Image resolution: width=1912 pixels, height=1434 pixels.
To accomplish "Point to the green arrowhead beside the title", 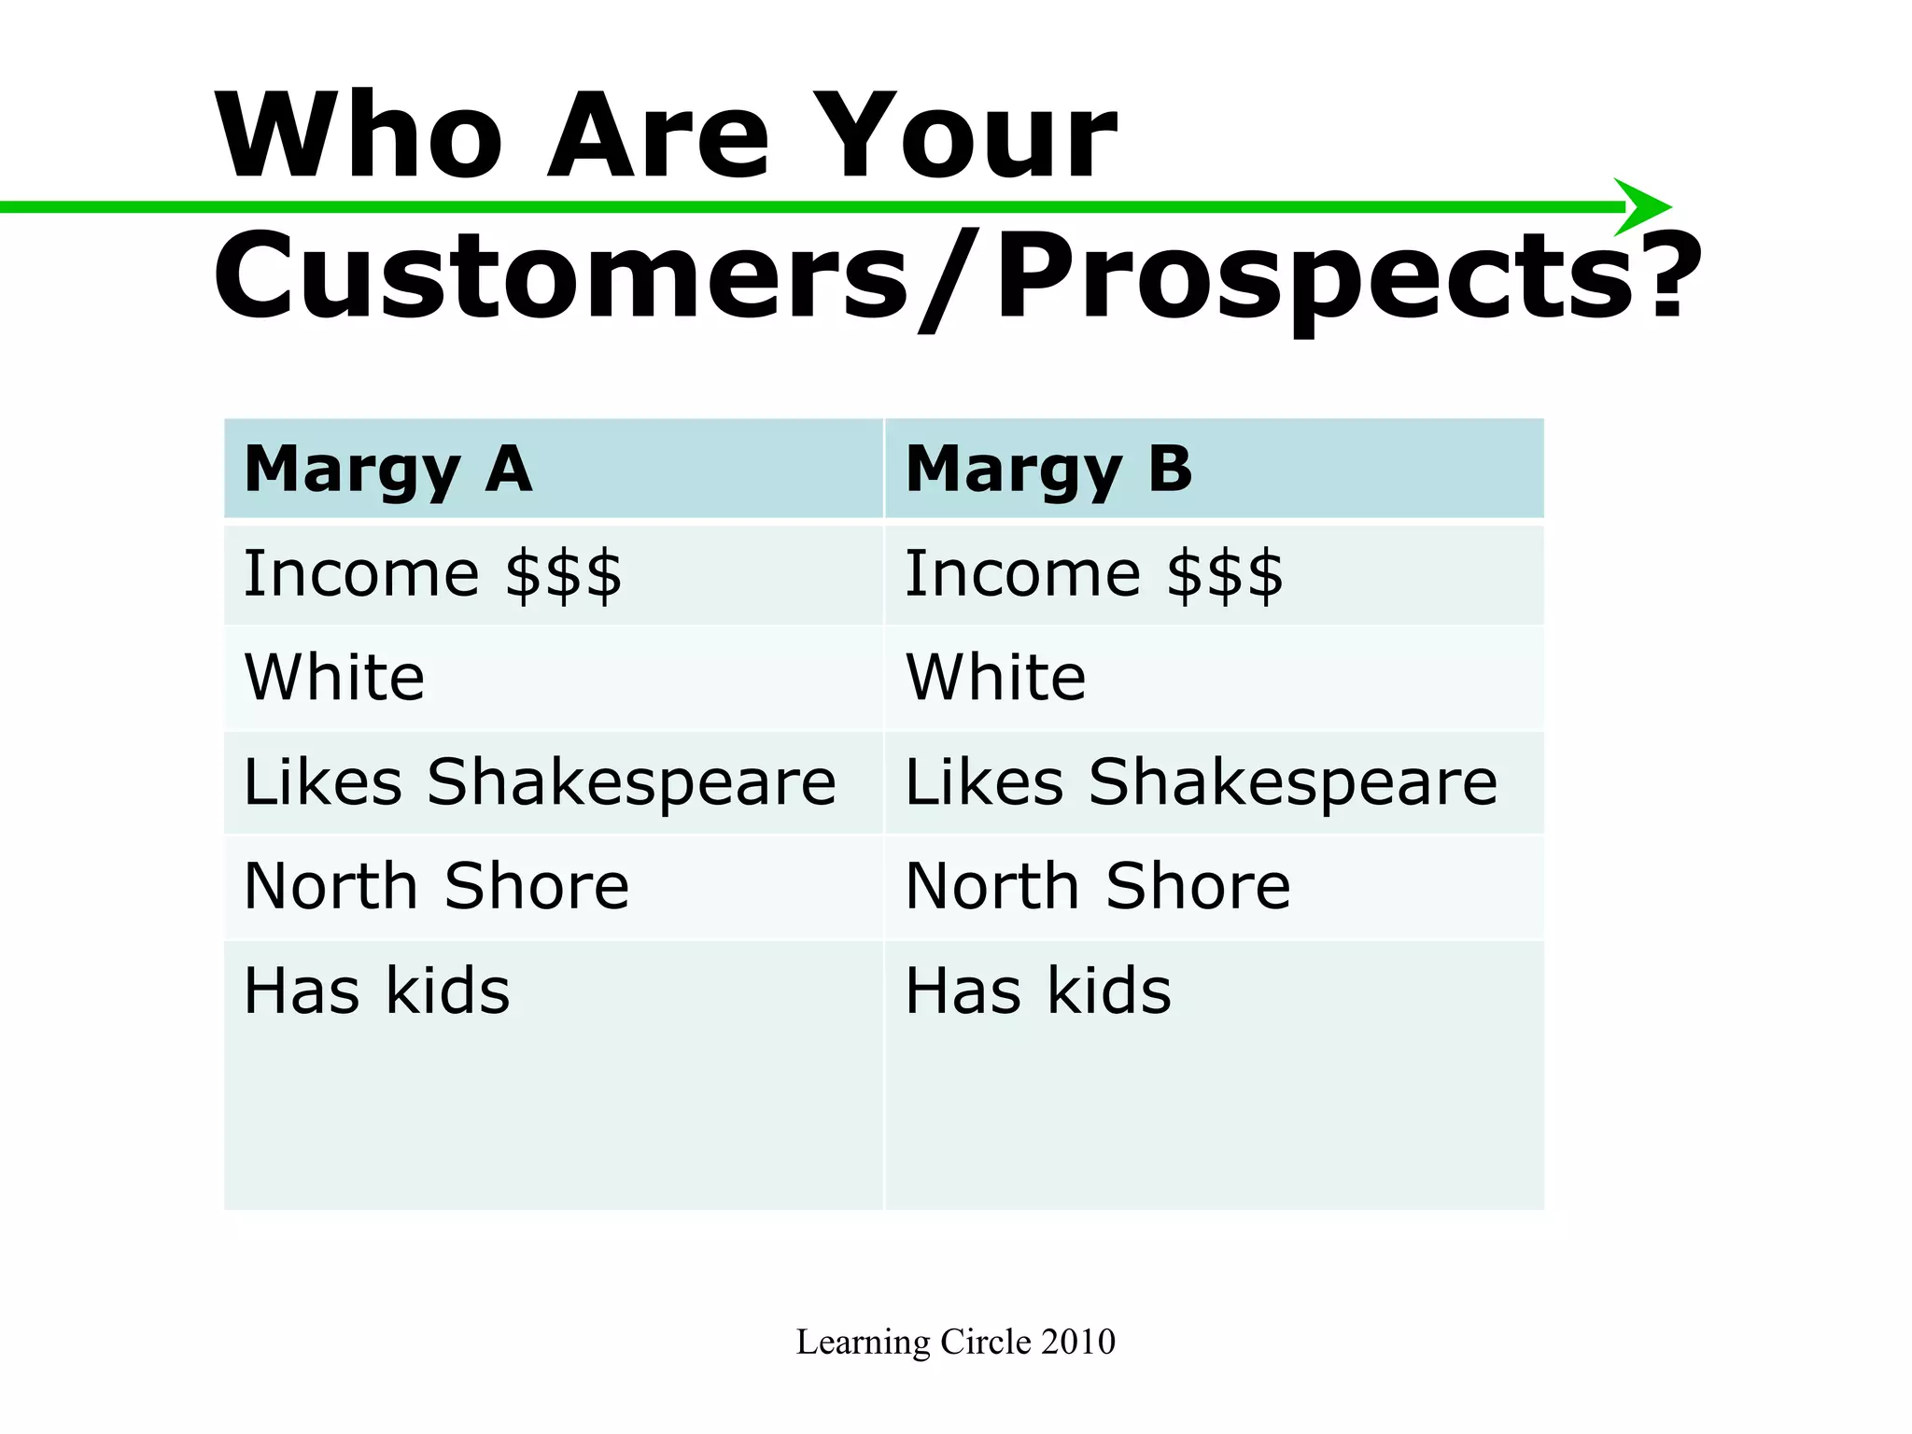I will pyautogui.click(x=1643, y=206).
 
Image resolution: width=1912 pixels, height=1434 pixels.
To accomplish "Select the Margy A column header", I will pyautogui.click(x=388, y=470).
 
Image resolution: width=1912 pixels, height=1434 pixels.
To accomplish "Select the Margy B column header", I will pyautogui.click(x=1049, y=470).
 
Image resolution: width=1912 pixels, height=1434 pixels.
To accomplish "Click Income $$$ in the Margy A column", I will pyautogui.click(x=432, y=574).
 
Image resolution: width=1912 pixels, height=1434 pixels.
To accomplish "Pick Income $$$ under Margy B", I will pyautogui.click(x=1094, y=574).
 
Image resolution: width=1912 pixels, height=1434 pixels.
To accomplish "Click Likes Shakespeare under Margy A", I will pyautogui.click(x=540, y=782).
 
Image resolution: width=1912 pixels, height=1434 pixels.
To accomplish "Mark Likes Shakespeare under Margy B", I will pyautogui.click(x=1202, y=782).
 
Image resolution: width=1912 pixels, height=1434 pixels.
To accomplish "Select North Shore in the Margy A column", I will pyautogui.click(x=436, y=886).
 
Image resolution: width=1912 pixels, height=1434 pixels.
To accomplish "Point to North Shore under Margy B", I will pyautogui.click(x=1098, y=886).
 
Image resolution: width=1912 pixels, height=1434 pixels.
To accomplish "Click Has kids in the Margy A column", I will pyautogui.click(x=376, y=991).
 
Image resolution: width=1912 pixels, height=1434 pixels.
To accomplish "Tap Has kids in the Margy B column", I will pyautogui.click(x=1038, y=991).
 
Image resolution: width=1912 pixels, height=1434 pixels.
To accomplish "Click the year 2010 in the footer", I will pyautogui.click(x=1078, y=1342).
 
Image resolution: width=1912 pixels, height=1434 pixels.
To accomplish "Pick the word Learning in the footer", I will pyautogui.click(x=864, y=1343).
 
